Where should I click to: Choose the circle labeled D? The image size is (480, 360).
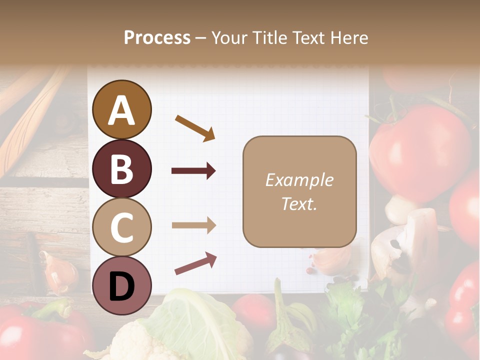121,285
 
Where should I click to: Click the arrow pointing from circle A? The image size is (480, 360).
195,127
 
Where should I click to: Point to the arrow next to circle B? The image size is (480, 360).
193,171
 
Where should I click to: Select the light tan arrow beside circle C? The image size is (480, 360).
193,225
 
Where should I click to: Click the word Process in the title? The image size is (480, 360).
157,37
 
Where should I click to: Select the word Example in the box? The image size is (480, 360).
299,180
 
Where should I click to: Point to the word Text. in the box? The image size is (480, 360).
299,203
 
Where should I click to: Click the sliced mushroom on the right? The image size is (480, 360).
405,245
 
